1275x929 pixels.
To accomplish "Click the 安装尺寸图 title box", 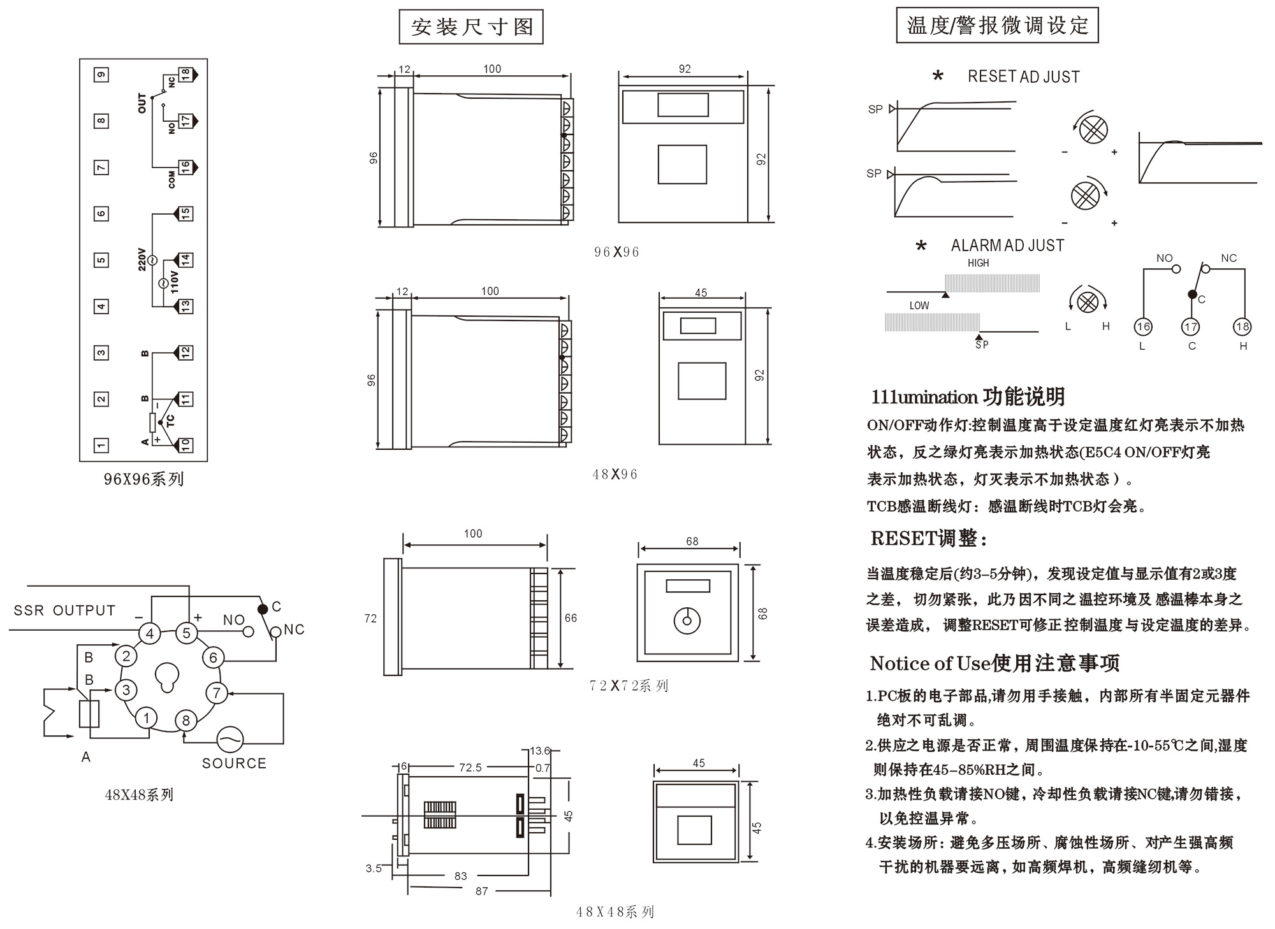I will click(471, 27).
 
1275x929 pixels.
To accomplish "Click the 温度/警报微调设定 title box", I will click(997, 25).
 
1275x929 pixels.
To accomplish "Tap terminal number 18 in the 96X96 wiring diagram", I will click(185, 75).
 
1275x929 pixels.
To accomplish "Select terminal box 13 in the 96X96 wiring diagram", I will click(185, 306).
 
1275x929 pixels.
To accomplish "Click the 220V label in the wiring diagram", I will click(142, 259).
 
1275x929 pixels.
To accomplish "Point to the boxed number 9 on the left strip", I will click(101, 75).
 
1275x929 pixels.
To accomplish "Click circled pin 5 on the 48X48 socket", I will click(186, 633).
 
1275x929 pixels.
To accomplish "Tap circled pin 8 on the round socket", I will click(186, 720).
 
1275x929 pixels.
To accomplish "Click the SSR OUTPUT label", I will click(64, 610).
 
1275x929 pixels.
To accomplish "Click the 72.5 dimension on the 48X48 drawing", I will click(470, 768).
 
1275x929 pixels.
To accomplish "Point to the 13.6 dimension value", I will click(540, 751).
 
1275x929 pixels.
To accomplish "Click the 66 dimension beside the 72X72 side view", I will click(571, 618).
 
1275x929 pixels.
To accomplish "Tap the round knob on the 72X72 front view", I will click(687, 621).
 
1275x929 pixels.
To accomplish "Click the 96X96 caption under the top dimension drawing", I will click(616, 252).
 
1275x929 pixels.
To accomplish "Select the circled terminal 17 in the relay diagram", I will click(1191, 327).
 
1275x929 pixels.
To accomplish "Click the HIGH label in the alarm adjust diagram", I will click(978, 263).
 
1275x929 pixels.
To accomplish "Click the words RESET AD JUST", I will click(1023, 76).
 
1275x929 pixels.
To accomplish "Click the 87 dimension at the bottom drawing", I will click(482, 891).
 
